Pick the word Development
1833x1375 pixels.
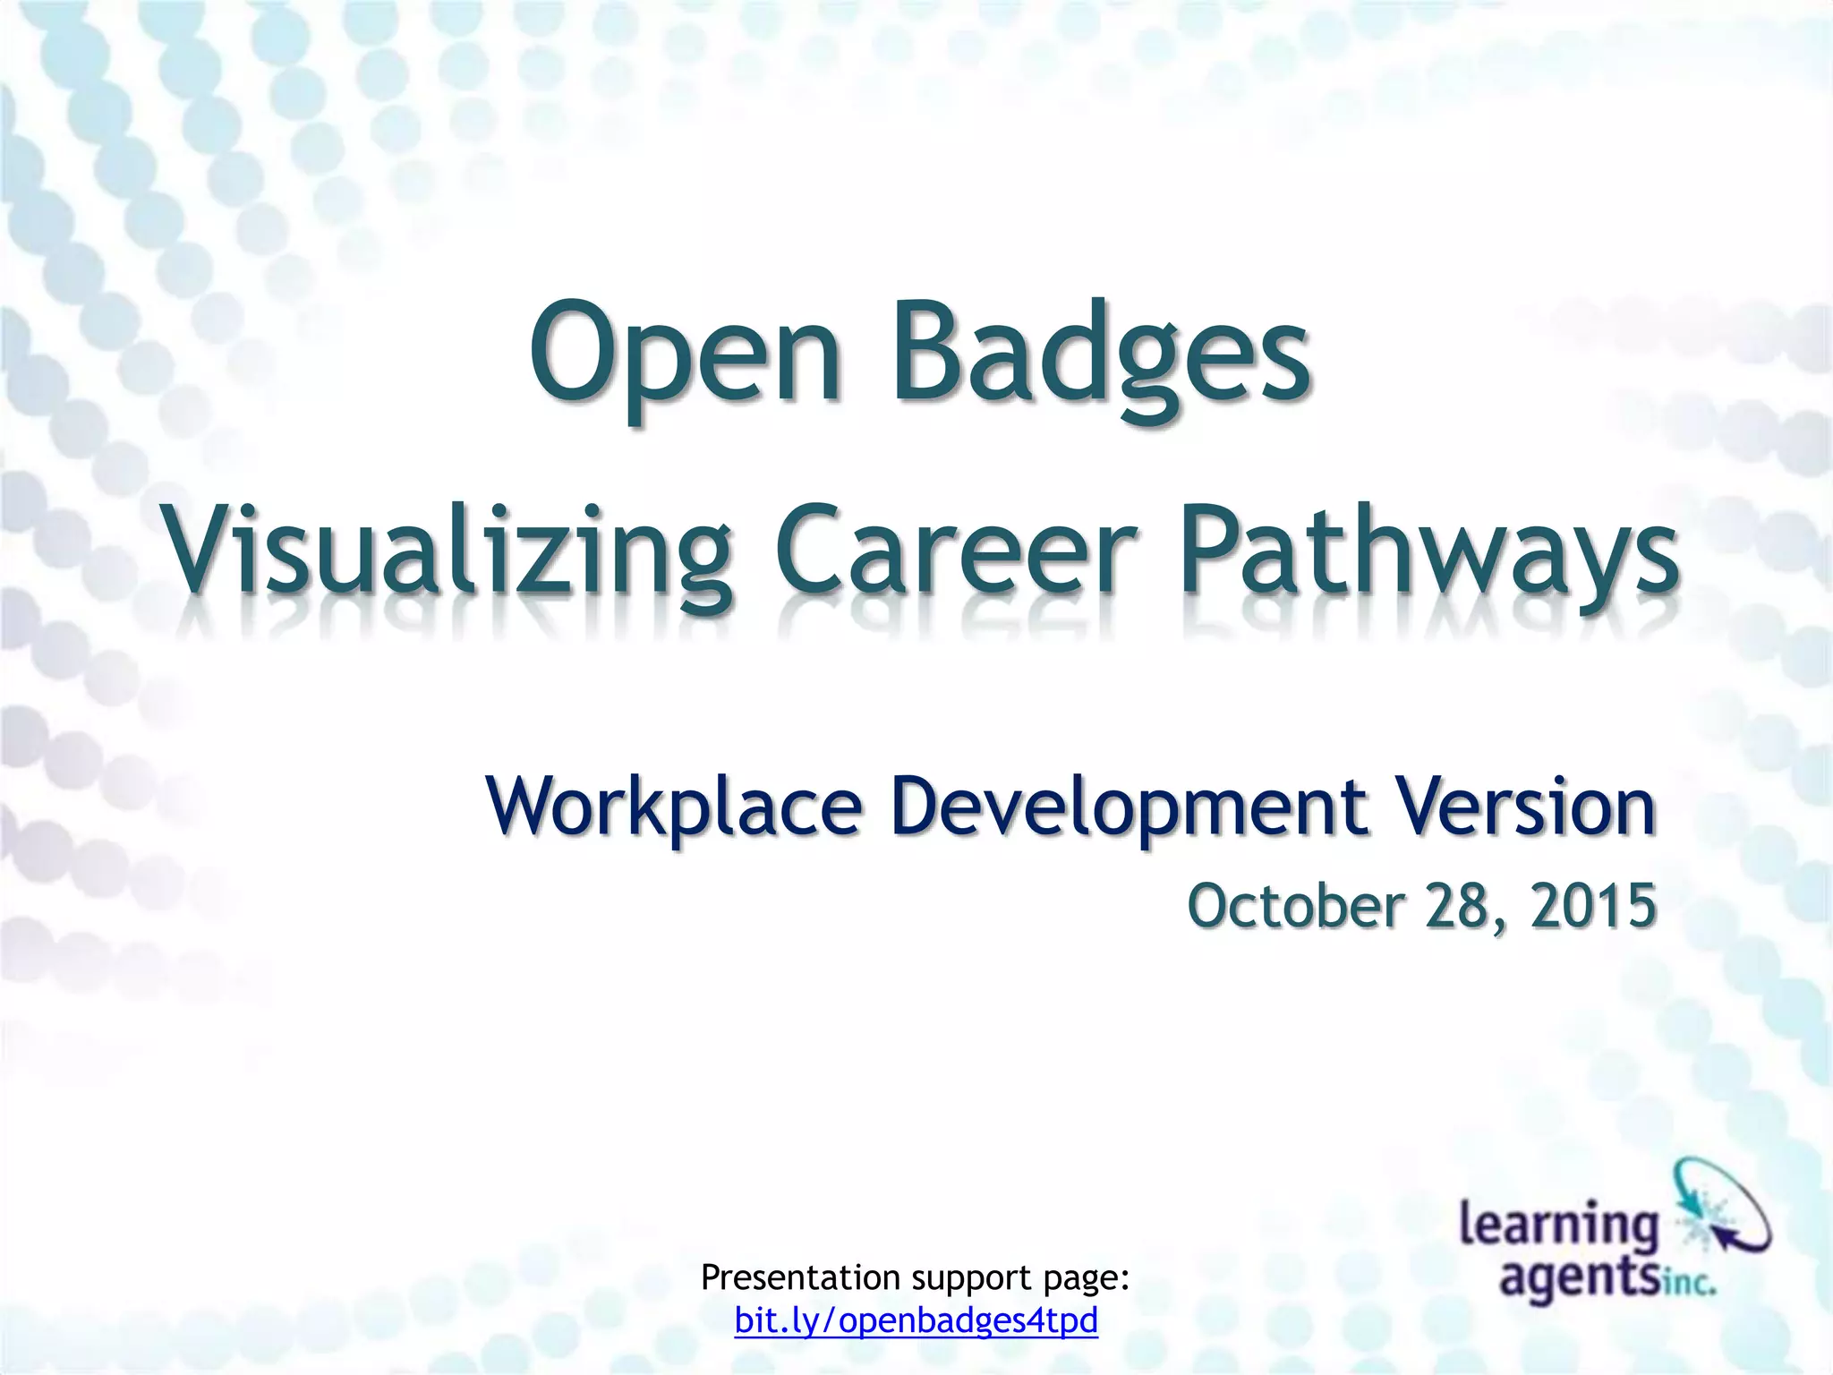click(1129, 807)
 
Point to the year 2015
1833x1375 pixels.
click(1593, 905)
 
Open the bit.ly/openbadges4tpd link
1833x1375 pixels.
click(916, 1320)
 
